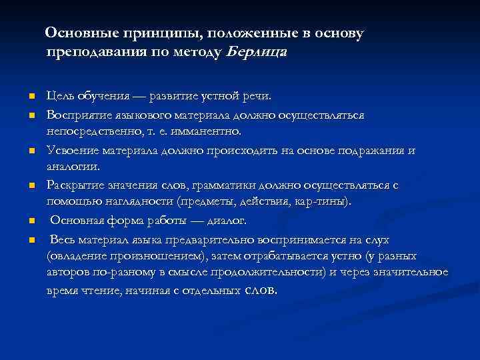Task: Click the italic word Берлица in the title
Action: click(257, 52)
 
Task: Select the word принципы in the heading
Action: click(144, 33)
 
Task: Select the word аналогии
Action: click(73, 167)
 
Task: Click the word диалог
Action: click(226, 220)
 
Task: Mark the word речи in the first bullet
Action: click(257, 97)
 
